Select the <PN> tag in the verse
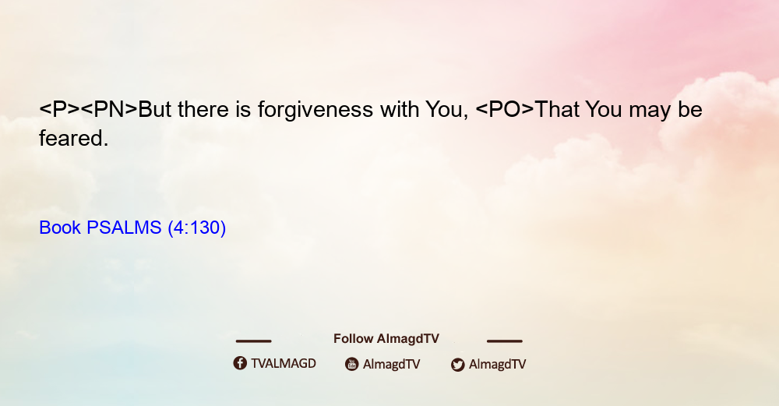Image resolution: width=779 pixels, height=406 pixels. (109, 110)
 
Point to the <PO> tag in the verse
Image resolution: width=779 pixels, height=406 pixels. (505, 110)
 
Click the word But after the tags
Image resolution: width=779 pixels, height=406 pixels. (154, 110)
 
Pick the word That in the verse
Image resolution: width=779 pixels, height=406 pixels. (557, 110)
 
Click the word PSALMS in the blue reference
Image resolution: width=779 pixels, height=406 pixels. (124, 228)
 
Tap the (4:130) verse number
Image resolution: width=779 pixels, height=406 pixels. (197, 228)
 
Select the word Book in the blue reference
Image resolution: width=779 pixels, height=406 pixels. (60, 228)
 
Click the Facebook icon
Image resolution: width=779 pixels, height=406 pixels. (240, 363)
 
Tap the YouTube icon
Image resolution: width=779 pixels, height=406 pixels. (352, 364)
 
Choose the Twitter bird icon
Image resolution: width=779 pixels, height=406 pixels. (457, 365)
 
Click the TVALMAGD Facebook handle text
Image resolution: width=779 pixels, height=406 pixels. (284, 363)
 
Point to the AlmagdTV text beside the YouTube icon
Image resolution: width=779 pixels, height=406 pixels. (392, 364)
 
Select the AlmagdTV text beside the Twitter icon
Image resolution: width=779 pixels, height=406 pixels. (497, 364)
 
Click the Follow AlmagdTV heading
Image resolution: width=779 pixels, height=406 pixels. (386, 339)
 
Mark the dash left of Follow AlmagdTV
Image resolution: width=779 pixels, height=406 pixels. (253, 341)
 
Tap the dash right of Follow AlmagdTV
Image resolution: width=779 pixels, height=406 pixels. (505, 341)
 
